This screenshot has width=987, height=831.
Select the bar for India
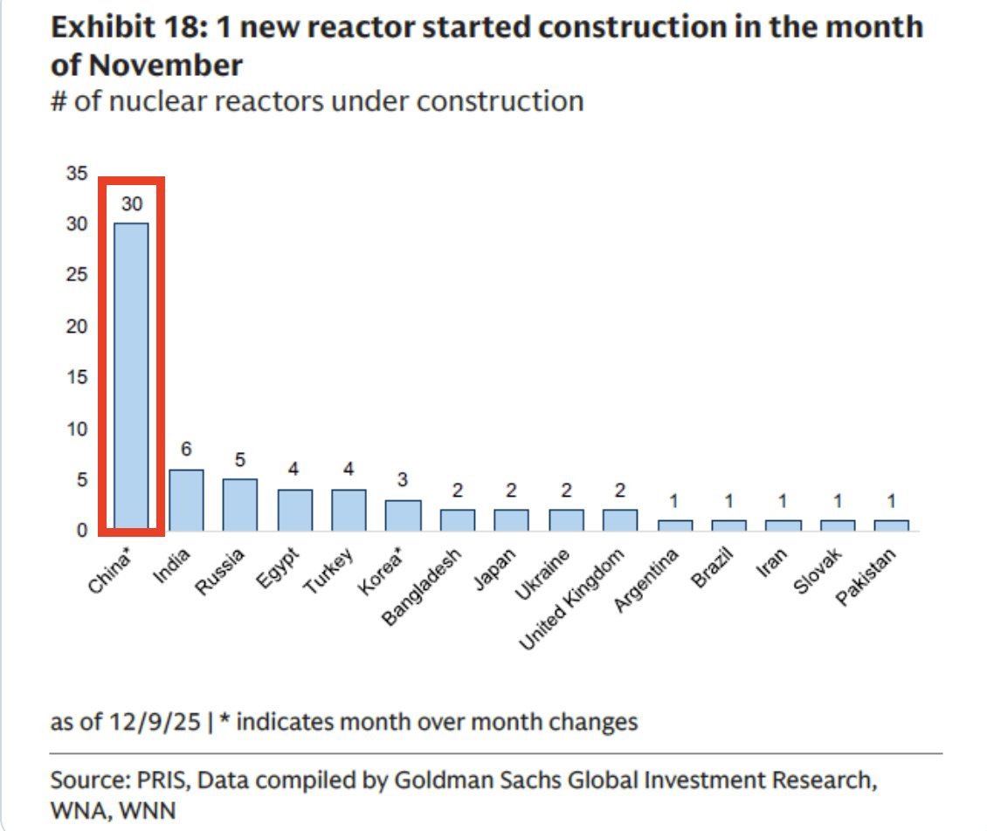click(186, 499)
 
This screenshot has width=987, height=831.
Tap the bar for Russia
click(240, 505)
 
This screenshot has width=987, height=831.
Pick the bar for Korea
click(403, 515)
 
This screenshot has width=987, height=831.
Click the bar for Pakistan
click(891, 525)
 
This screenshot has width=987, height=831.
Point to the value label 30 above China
click(132, 204)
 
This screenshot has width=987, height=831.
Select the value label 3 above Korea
click(403, 480)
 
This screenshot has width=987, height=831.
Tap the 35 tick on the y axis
click(78, 174)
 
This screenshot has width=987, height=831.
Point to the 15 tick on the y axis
click(78, 377)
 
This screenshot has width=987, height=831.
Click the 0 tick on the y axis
click(82, 530)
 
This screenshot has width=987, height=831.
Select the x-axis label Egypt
click(281, 568)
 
